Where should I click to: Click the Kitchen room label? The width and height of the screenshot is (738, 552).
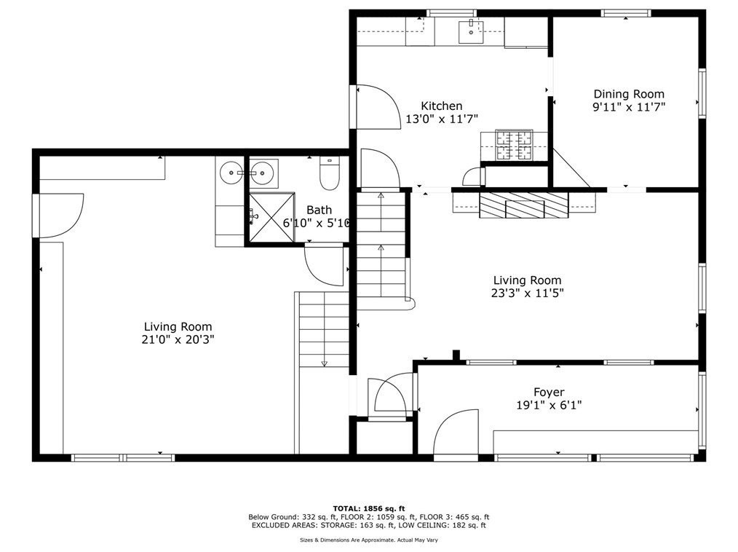pyautogui.click(x=441, y=106)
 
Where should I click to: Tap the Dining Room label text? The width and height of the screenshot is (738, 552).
pyautogui.click(x=629, y=94)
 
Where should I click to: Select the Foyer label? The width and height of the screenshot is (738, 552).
pyautogui.click(x=549, y=393)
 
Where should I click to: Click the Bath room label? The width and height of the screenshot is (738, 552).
pyautogui.click(x=319, y=210)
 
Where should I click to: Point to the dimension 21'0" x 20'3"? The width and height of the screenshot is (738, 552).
pyautogui.click(x=178, y=339)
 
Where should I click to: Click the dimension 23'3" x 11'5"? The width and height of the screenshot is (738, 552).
pyautogui.click(x=528, y=293)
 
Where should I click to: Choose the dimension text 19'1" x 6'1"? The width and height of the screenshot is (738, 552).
pyautogui.click(x=549, y=406)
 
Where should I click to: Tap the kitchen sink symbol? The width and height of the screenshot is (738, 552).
pyautogui.click(x=471, y=31)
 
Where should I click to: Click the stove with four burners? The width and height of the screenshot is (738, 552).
pyautogui.click(x=515, y=144)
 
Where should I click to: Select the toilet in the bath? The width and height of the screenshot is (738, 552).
pyautogui.click(x=330, y=174)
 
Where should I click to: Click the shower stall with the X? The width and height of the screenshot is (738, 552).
pyautogui.click(x=273, y=216)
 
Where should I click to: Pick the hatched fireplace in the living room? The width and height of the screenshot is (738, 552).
pyautogui.click(x=523, y=205)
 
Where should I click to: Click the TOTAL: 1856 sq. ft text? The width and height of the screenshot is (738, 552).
pyautogui.click(x=369, y=508)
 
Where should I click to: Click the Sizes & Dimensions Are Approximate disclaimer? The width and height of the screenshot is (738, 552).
pyautogui.click(x=369, y=540)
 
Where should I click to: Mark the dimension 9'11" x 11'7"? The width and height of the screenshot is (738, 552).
pyautogui.click(x=629, y=107)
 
